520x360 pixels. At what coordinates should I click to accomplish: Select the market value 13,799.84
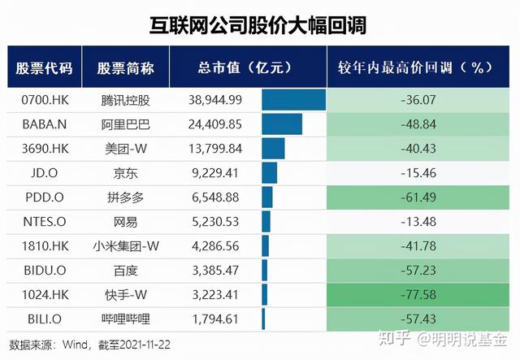214,149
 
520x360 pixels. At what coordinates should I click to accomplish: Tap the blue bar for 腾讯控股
293,100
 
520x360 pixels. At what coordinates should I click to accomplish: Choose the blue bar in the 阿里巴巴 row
282,124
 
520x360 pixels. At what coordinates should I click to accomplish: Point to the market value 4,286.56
214,246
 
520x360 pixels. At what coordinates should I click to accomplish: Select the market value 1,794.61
214,319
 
